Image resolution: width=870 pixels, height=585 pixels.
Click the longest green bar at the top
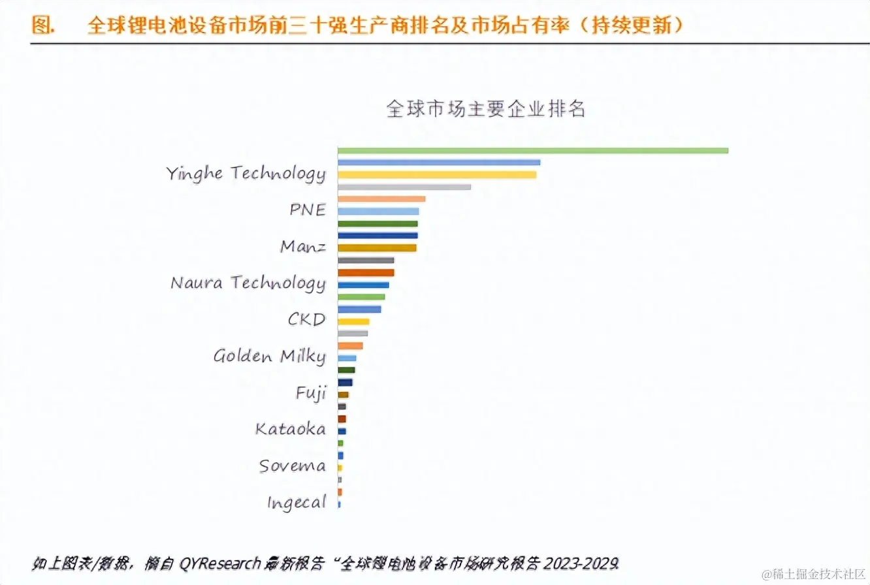(532, 151)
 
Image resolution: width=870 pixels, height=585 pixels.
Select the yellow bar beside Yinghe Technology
(436, 175)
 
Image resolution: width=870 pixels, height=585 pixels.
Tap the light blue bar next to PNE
(378, 212)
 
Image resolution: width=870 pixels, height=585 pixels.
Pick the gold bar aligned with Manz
(376, 248)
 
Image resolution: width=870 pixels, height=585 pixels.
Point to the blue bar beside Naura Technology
(362, 285)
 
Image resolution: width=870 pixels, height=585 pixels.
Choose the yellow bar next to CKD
(353, 322)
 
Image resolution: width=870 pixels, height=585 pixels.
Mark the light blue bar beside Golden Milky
(346, 358)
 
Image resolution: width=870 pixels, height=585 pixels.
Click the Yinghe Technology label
(245, 174)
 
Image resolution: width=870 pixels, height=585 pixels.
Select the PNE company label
(307, 211)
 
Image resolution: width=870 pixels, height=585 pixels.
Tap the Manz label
(303, 247)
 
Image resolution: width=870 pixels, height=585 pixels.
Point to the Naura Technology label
(248, 283)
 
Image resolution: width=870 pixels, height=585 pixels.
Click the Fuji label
(310, 394)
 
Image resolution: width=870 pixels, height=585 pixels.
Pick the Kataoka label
(290, 430)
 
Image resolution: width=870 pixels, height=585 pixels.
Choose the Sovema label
(292, 466)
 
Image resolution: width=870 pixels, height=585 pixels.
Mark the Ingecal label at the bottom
(296, 503)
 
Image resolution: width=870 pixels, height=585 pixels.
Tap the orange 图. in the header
(42, 25)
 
